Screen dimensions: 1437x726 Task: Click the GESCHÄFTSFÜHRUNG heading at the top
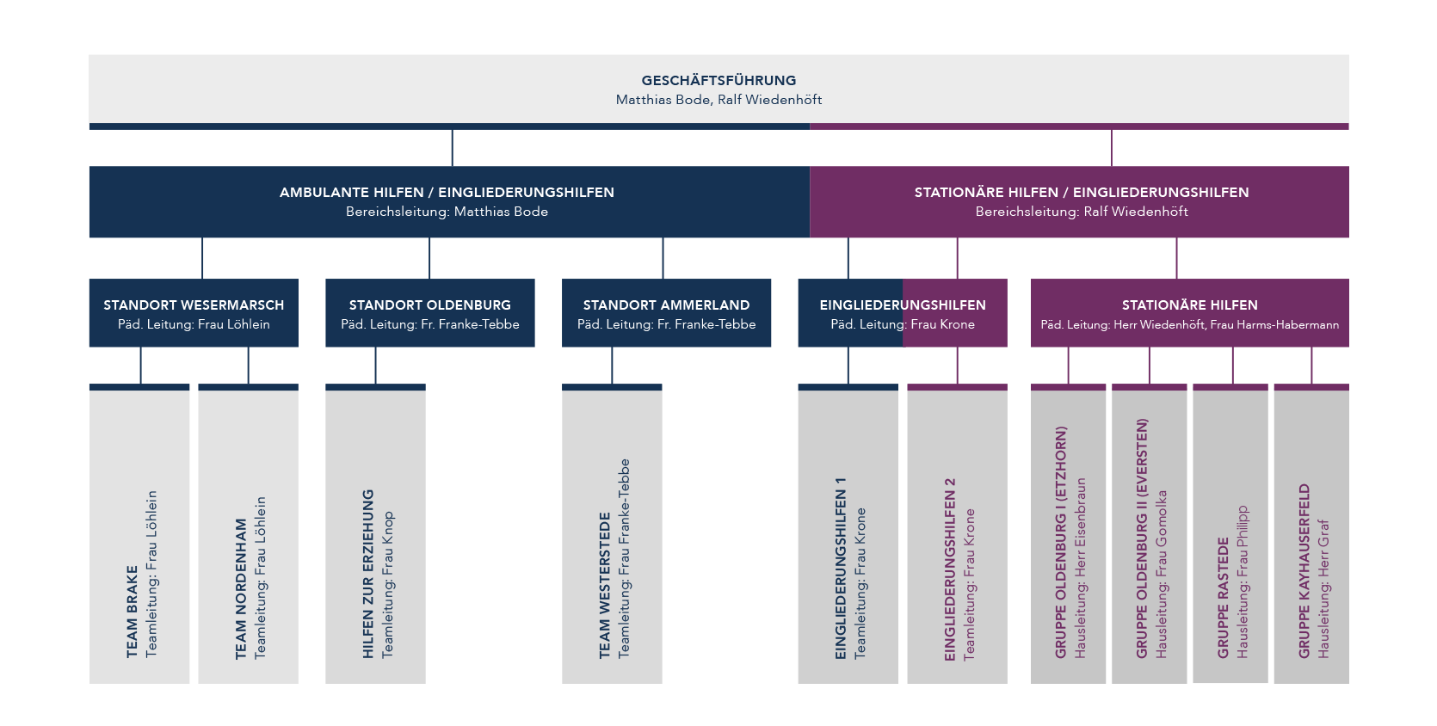pos(718,80)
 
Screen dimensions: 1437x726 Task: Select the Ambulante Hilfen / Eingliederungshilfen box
pos(449,201)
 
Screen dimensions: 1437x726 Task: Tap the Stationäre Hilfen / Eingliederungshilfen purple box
pos(1079,201)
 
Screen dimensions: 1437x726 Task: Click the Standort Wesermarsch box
pos(194,313)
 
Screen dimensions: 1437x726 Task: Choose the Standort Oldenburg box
pos(430,313)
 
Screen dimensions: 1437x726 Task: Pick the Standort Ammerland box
pos(666,313)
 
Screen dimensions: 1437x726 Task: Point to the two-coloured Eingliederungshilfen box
pos(903,313)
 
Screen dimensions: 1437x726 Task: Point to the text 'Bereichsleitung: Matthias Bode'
pos(447,212)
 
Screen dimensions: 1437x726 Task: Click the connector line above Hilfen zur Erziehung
pos(375,366)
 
